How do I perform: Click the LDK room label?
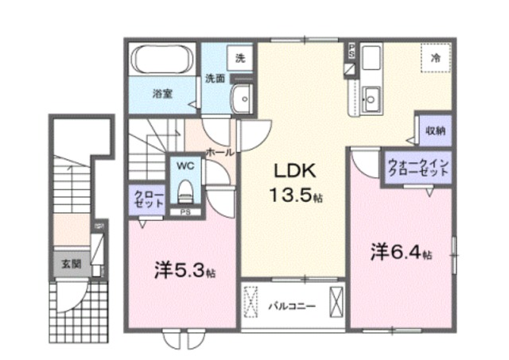point(297,171)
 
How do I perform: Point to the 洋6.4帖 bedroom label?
point(401,253)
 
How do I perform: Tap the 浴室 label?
point(164,93)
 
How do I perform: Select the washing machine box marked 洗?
point(239,58)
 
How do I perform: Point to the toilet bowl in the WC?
point(185,192)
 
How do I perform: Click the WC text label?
point(185,167)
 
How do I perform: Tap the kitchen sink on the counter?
point(370,99)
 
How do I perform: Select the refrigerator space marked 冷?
point(435,57)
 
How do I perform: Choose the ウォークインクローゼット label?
point(418,168)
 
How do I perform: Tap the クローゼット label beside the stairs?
point(149,199)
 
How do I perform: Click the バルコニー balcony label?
point(292,305)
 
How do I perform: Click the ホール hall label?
point(219,151)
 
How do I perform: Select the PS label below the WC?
point(185,212)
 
